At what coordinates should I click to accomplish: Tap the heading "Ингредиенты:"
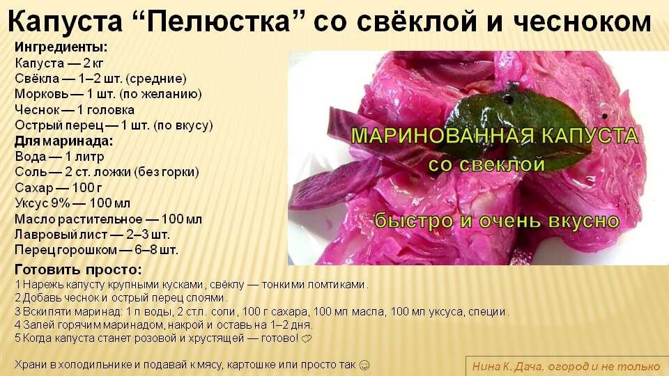point(61,48)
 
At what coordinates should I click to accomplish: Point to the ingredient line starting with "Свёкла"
point(100,79)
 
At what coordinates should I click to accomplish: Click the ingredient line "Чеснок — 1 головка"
point(75,110)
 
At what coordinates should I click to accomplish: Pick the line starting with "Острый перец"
point(114,126)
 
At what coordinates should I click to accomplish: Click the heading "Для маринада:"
point(63,141)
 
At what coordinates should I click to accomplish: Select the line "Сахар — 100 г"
point(59,187)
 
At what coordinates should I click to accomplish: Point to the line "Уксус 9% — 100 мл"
point(72,203)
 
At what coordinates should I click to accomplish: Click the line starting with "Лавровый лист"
point(92,234)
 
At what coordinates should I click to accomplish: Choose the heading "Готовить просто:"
point(78,269)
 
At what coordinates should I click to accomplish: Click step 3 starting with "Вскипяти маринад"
point(262,311)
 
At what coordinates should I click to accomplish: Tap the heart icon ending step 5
point(307,339)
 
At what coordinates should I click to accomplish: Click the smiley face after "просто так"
point(364,364)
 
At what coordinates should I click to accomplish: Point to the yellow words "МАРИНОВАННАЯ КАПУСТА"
point(495,135)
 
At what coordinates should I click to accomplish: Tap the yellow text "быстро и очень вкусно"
point(497,221)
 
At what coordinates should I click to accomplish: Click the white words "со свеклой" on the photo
point(486,165)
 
